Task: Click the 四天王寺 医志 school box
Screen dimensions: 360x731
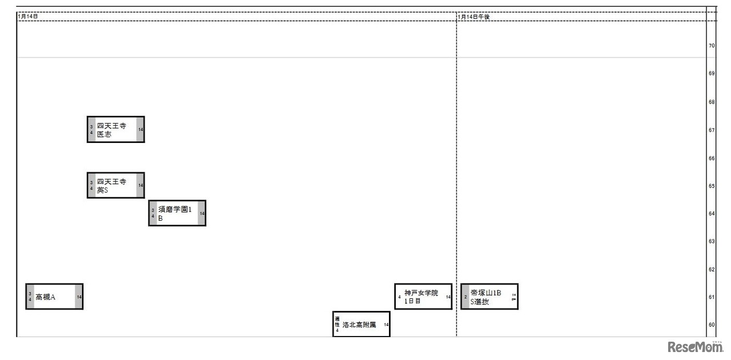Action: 115,130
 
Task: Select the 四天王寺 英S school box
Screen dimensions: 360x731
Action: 115,185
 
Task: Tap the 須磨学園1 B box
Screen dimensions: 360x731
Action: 177,213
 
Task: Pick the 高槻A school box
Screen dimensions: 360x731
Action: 54,297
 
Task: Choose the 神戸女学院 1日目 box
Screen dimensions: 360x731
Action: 423,297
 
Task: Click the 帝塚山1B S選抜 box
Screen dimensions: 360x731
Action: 489,297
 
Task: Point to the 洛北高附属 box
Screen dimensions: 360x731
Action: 362,325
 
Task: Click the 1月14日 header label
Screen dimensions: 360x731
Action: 28,17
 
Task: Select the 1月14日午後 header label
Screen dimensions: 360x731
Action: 474,17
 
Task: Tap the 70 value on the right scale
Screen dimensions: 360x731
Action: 712,46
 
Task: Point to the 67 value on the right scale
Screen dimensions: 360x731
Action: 712,130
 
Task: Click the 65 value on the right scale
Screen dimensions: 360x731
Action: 712,186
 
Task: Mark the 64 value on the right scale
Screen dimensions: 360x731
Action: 712,214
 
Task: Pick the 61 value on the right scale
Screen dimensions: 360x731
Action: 712,297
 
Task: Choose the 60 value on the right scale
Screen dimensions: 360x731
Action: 712,325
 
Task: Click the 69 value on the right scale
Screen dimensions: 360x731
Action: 712,74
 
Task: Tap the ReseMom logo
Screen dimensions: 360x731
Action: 694,347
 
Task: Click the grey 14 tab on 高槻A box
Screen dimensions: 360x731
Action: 79,297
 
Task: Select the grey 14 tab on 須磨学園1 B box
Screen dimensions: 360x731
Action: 202,213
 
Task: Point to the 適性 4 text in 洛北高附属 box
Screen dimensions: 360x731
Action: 338,324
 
